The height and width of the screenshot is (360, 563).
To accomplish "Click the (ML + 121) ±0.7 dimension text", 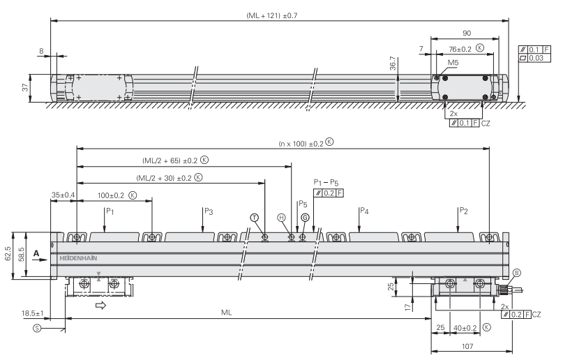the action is click(272, 16).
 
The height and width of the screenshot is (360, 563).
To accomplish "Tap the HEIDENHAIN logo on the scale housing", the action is click(78, 258).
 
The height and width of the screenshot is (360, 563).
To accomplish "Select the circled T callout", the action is click(254, 218).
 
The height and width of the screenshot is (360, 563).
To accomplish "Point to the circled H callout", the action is click(282, 218).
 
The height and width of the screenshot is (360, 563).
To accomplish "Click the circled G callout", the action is click(305, 218).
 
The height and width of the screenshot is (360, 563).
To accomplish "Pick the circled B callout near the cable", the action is click(516, 273).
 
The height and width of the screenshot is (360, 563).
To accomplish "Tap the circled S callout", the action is click(37, 328).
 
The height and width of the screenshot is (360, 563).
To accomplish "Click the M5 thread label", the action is click(453, 63).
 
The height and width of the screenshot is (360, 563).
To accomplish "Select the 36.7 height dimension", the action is click(393, 63).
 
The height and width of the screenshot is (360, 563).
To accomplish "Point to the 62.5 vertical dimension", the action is click(8, 253).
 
